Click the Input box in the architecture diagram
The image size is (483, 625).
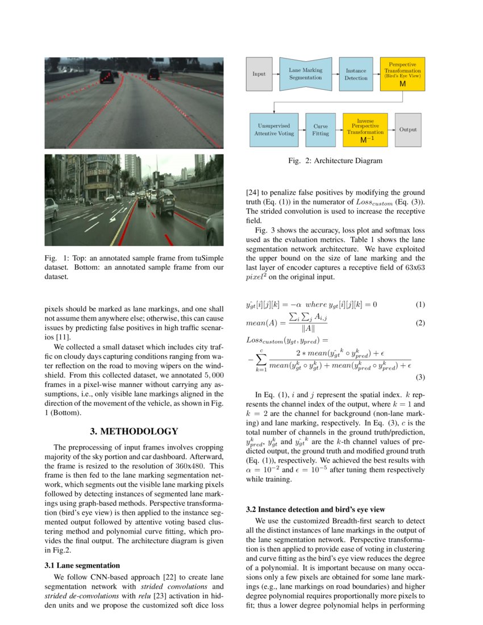click(259, 74)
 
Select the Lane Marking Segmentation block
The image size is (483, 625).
click(305, 74)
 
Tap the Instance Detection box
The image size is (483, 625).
click(356, 74)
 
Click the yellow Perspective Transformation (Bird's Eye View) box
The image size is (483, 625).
click(402, 74)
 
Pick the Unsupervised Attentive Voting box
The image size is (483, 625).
click(274, 130)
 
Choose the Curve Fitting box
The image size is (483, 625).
click(320, 130)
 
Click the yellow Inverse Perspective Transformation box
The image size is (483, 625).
click(365, 130)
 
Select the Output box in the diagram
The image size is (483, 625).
click(407, 130)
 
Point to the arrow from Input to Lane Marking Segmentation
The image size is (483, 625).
click(276, 74)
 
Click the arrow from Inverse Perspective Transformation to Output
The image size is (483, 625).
click(391, 130)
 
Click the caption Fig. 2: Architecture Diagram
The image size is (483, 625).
click(335, 161)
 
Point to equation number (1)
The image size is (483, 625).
click(420, 305)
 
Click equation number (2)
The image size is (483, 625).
click(420, 323)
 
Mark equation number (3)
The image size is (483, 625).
click(420, 377)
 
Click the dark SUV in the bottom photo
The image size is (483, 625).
click(165, 202)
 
